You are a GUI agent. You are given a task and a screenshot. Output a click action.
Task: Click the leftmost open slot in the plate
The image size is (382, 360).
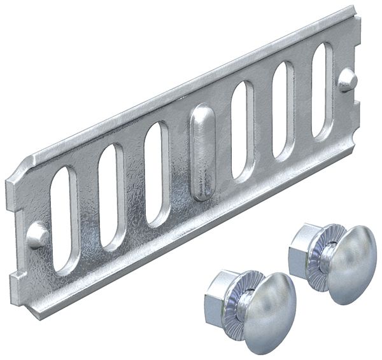[64, 219]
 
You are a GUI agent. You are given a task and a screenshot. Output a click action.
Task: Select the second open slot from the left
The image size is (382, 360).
[112, 197]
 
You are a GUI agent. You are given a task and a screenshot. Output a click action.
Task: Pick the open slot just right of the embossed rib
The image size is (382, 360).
[243, 130]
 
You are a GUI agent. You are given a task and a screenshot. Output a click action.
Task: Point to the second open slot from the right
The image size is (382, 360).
[283, 110]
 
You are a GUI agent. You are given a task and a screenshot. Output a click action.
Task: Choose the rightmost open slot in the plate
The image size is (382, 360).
[322, 90]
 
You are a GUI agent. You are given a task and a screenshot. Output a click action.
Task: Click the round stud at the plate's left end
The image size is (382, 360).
[38, 234]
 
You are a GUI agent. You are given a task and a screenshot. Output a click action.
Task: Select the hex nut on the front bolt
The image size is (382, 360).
[220, 296]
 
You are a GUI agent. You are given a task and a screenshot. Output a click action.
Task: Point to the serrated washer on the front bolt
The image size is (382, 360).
[241, 303]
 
